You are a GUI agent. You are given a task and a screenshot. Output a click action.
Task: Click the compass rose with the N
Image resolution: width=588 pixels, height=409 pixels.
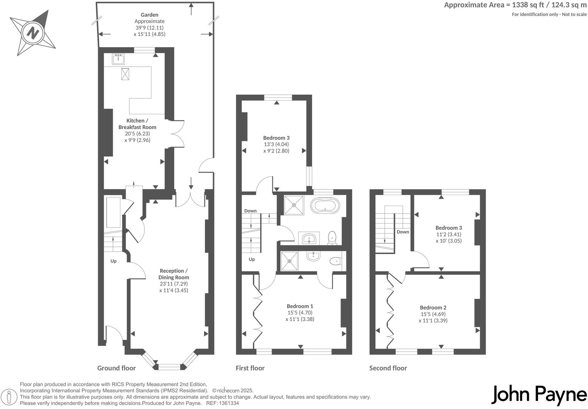coord(33,33)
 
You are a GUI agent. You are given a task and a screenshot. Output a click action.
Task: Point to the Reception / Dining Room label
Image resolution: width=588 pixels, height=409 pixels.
coord(174,274)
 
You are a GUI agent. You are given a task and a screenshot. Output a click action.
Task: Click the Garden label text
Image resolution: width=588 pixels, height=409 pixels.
coord(149,15)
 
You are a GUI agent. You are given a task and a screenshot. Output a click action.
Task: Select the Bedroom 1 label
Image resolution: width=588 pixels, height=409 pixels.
coord(300,306)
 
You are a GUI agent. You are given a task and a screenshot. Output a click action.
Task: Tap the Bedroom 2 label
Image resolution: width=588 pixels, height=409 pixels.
coord(433,308)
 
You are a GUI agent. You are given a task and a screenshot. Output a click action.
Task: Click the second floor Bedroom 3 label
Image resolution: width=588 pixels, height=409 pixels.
coord(449,228)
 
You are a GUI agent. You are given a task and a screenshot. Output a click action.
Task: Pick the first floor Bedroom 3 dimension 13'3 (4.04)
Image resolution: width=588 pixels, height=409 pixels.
coord(277,144)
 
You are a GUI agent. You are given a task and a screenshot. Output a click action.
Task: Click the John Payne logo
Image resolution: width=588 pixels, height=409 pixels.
coord(539,395)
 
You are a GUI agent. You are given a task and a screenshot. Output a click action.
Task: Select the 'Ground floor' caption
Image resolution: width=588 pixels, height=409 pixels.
coord(116,368)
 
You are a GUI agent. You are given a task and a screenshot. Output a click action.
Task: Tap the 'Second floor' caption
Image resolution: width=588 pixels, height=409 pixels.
coord(388,368)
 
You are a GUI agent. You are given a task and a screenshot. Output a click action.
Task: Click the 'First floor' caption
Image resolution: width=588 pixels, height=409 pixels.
coord(250,368)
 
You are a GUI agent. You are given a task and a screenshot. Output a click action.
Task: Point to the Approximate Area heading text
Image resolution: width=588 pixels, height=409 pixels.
coord(515,5)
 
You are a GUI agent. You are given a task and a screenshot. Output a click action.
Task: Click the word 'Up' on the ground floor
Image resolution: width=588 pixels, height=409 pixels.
coord(113,261)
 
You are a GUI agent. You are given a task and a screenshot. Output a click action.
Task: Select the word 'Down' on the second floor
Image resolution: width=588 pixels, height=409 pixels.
coord(403,232)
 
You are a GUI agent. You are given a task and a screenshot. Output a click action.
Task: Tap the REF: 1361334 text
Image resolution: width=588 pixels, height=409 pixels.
coord(222,403)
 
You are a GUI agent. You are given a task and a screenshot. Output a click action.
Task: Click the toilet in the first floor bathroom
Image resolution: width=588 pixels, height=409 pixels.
coord(332,237)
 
